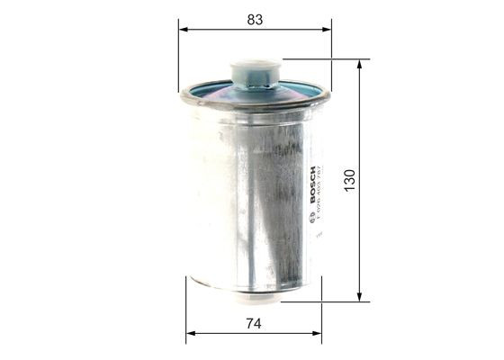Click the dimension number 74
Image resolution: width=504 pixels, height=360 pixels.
(254, 323)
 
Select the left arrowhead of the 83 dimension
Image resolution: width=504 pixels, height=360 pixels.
(184, 29)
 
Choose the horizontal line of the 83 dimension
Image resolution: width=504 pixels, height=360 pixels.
(216, 29)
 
